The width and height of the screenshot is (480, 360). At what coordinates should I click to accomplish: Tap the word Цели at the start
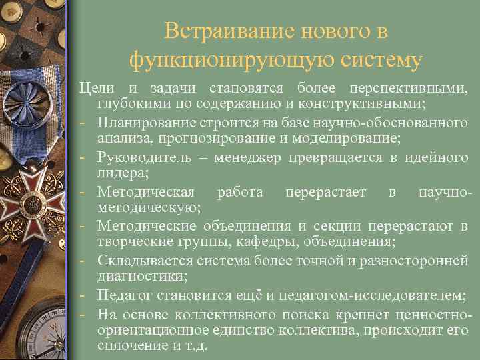pyautogui.click(x=92, y=89)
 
